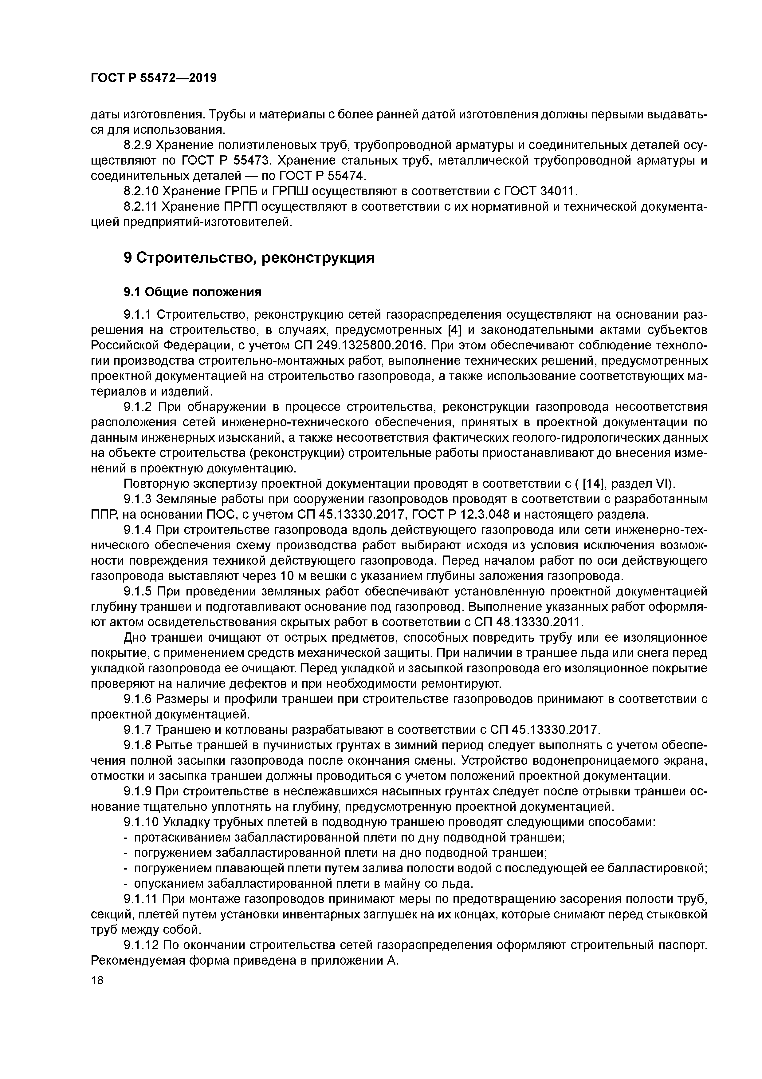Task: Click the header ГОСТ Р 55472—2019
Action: point(154,78)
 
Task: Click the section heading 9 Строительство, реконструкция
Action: point(249,258)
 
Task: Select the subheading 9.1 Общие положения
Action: point(192,292)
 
